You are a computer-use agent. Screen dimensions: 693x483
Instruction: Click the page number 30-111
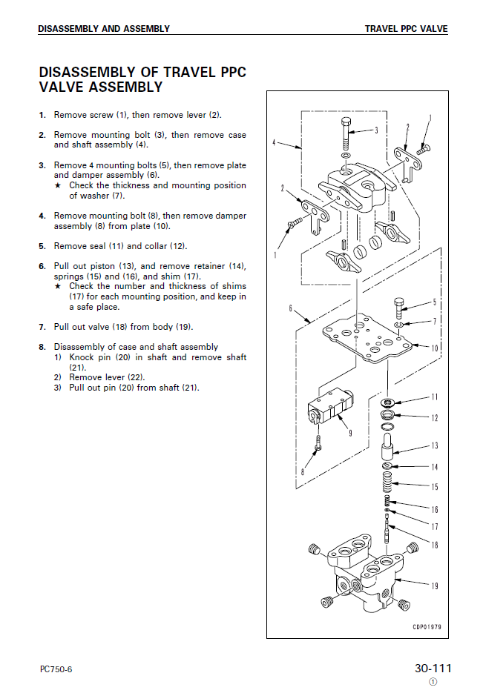(x=433, y=669)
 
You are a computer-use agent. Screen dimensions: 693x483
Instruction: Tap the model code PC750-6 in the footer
(x=56, y=670)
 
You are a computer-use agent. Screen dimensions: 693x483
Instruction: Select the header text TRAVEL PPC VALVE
(x=406, y=29)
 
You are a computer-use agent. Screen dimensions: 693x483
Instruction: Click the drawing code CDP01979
(x=427, y=626)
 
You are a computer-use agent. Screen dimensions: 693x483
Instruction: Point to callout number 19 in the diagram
(x=435, y=586)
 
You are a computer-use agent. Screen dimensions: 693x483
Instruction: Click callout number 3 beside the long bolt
(x=376, y=130)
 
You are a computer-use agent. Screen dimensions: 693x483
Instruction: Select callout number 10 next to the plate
(x=435, y=347)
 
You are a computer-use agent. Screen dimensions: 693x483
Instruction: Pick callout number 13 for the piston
(x=435, y=446)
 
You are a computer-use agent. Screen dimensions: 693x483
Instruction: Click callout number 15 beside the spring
(x=435, y=487)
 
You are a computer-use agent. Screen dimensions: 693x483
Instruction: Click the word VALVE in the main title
(x=61, y=87)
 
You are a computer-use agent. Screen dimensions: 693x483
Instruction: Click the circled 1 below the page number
(x=433, y=682)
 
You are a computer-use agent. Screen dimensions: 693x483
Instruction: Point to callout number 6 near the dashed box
(x=290, y=308)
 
